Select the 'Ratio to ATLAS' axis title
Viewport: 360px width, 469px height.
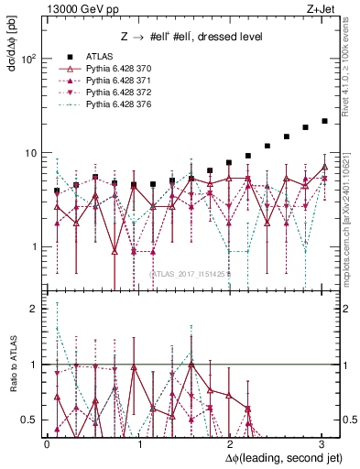coord(12,365)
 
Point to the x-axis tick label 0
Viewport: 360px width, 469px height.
coord(47,443)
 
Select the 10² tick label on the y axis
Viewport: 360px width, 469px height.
coord(28,59)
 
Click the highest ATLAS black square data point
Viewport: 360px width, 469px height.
coord(324,121)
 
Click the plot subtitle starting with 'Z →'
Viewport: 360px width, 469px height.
coord(191,36)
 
